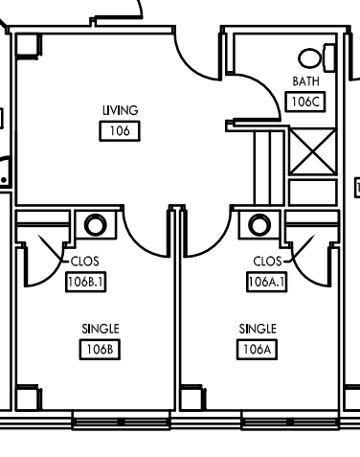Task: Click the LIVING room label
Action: pos(121,110)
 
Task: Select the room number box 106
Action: pos(120,131)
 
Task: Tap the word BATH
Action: pos(305,81)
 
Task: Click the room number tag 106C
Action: pos(305,102)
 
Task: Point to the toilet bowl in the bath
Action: pos(309,58)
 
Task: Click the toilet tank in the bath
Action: pos(329,58)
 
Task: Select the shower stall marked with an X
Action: pos(313,151)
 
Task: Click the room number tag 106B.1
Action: pos(85,282)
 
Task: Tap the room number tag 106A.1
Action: pos(267,282)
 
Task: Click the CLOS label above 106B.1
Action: pos(85,262)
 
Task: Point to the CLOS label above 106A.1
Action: pos(267,262)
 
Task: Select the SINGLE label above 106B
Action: pos(101,329)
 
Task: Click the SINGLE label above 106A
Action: pos(258,329)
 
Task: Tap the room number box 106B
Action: pos(100,350)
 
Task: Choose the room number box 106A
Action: pos(257,350)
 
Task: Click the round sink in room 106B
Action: pos(95,225)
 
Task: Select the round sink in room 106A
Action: pos(259,225)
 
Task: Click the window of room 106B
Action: pos(121,422)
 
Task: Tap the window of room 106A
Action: pos(290,422)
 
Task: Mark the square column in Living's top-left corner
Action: pos(28,46)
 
